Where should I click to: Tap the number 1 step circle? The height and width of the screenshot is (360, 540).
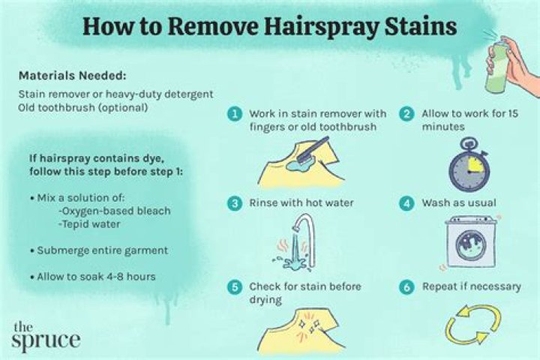coord(235,114)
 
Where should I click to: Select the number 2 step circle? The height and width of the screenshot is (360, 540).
coord(406,114)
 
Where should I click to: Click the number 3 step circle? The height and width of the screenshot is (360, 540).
coord(235,202)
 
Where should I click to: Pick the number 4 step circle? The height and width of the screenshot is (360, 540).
coord(406,202)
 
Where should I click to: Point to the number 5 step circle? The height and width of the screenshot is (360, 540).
coord(235,287)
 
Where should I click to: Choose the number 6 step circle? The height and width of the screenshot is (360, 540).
coord(406,287)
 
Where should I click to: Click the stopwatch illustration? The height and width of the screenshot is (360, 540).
coord(470,168)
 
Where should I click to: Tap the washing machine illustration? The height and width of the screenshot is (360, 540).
coord(470,242)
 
